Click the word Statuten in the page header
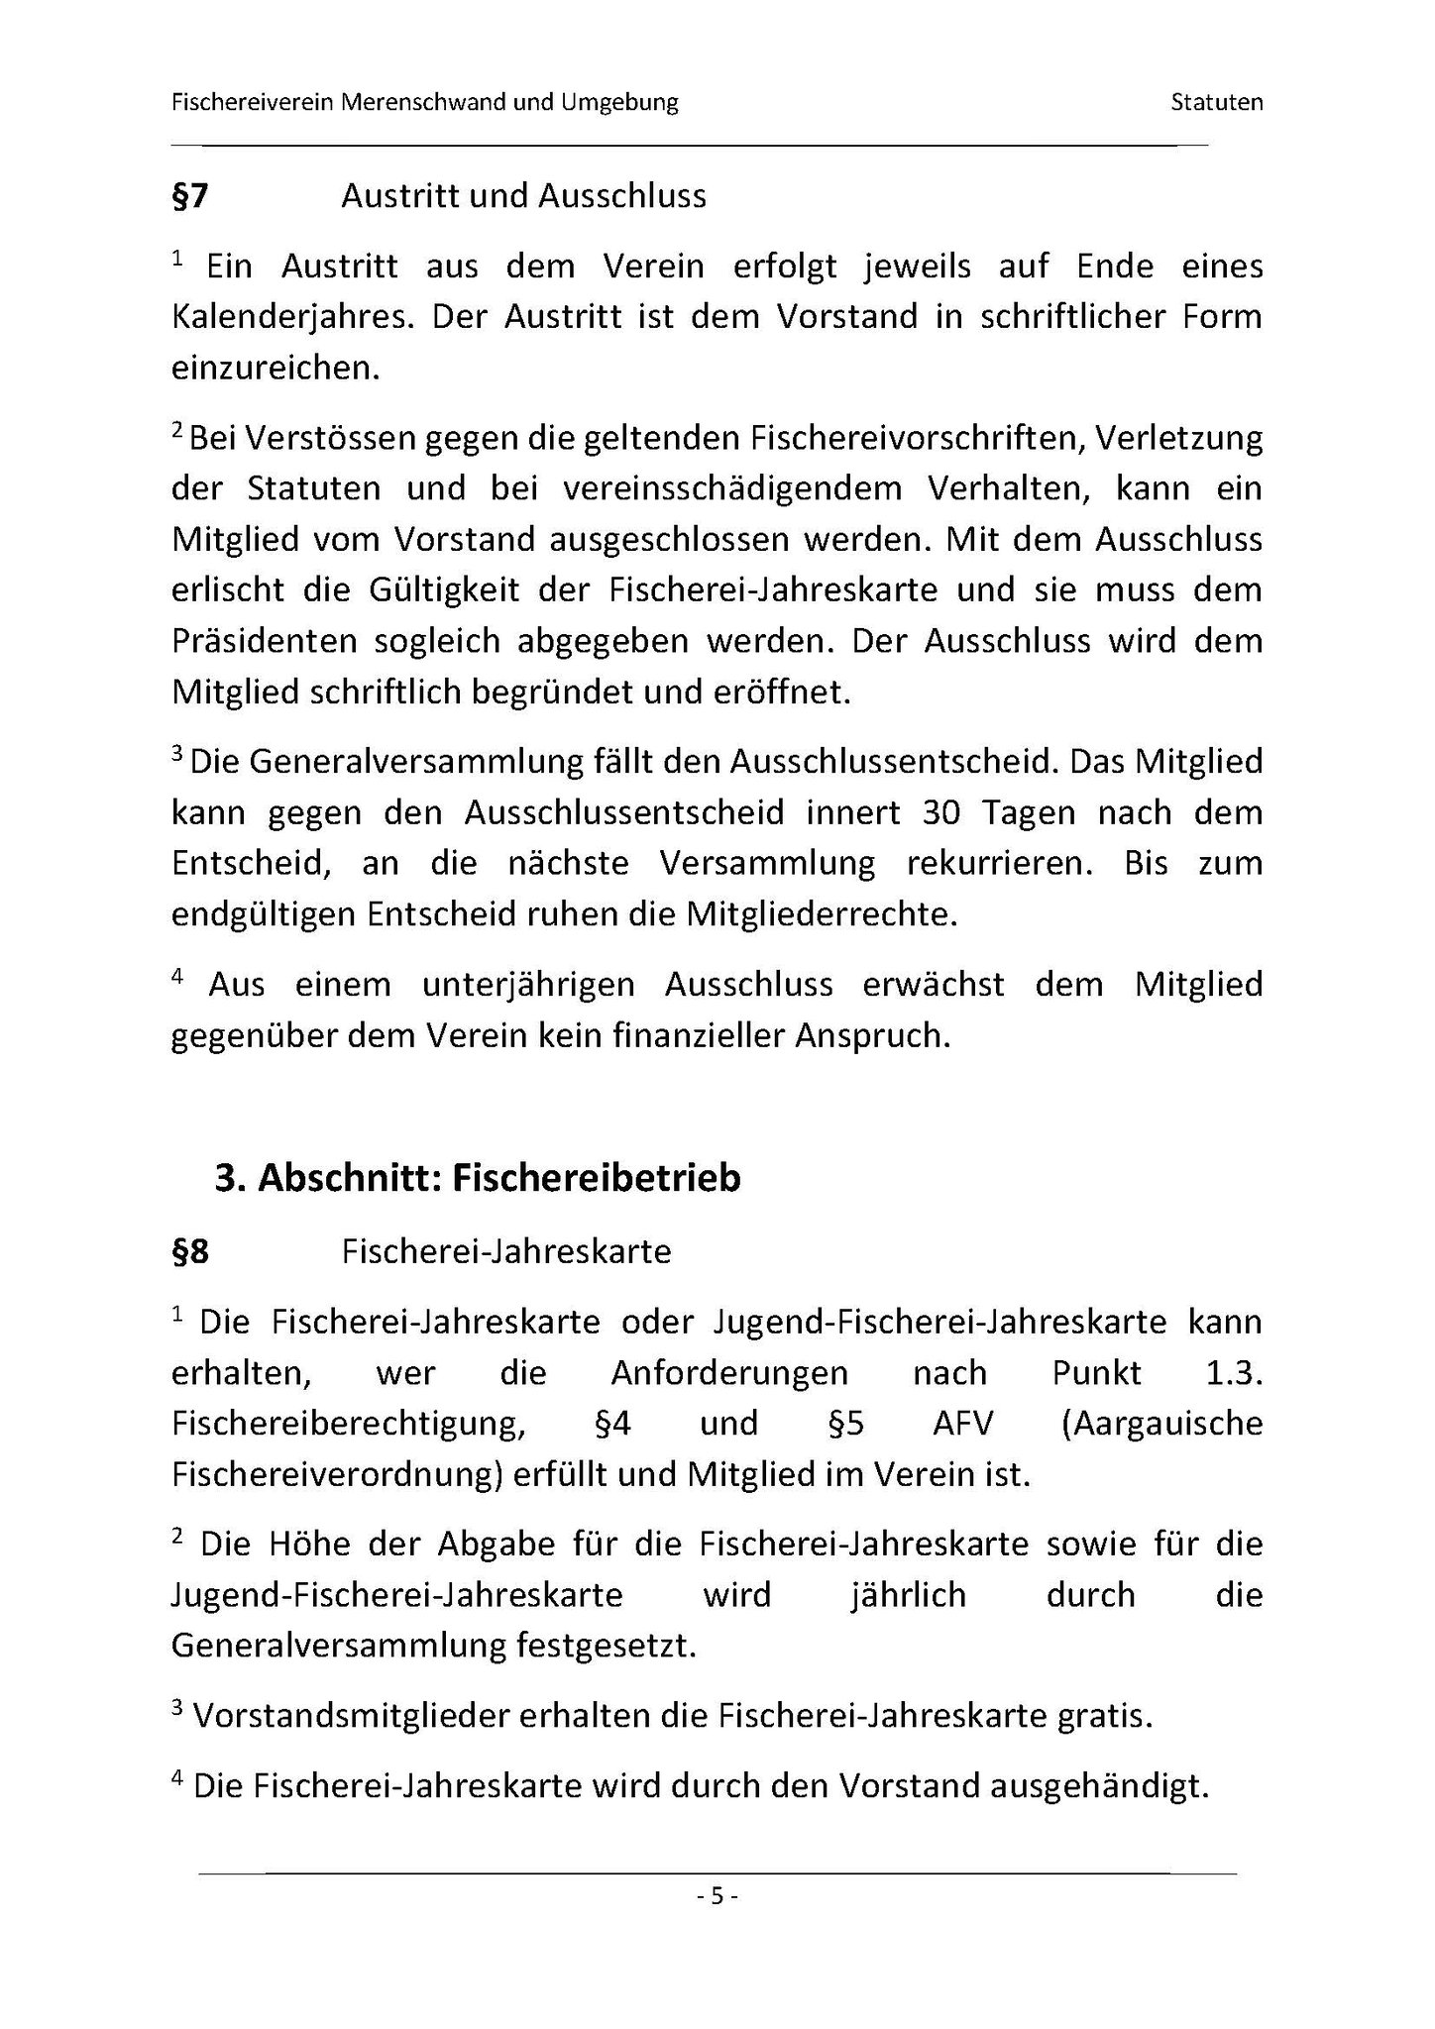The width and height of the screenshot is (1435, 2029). click(1216, 102)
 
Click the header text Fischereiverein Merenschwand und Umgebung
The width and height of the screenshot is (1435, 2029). click(425, 102)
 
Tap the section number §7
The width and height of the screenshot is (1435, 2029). click(190, 196)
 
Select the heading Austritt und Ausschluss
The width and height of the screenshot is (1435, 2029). click(523, 196)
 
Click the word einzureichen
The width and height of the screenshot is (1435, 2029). click(276, 368)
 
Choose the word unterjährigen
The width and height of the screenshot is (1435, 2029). click(528, 985)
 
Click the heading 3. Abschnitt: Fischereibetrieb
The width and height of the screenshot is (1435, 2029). click(478, 1178)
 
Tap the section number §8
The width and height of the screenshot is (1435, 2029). click(190, 1251)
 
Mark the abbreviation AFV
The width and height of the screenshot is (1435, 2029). click(963, 1424)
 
